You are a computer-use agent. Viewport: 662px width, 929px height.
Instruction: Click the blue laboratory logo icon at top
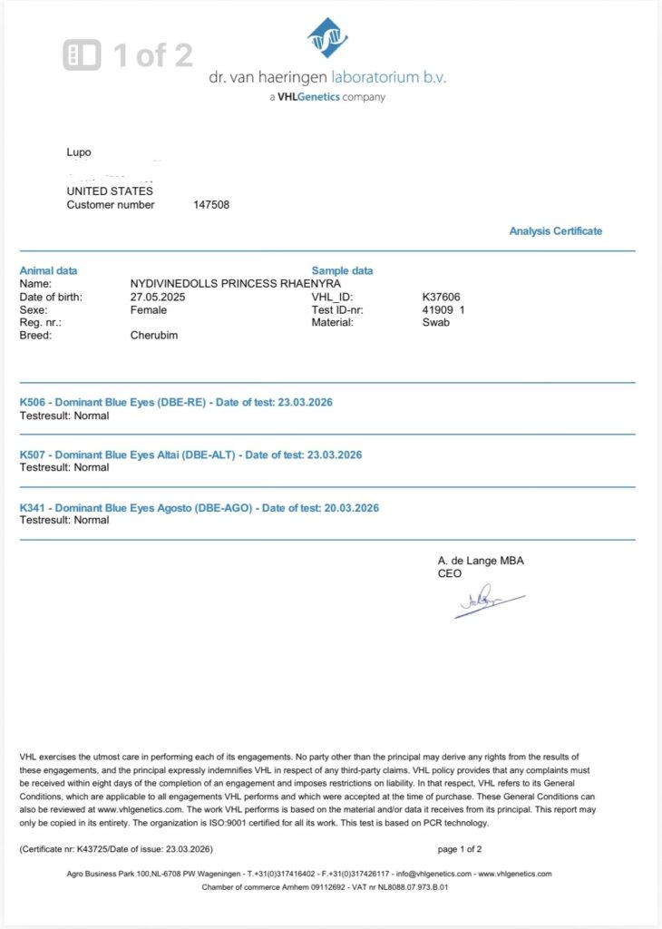[x=328, y=37]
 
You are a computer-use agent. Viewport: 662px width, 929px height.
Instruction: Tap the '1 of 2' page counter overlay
[x=129, y=55]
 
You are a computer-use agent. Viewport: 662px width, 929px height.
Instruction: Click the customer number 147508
[x=211, y=205]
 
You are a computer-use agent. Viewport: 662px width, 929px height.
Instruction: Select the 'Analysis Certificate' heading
[x=555, y=231]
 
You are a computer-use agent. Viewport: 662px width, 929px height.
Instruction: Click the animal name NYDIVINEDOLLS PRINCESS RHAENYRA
[x=236, y=284]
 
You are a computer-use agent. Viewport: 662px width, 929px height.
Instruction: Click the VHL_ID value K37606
[x=443, y=297]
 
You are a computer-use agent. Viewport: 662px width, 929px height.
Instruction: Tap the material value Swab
[x=435, y=322]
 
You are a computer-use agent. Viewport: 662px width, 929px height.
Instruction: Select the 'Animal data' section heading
[x=48, y=270]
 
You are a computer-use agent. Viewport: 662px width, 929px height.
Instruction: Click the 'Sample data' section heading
[x=342, y=270]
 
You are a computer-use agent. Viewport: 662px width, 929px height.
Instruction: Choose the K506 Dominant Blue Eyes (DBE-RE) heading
[x=176, y=402]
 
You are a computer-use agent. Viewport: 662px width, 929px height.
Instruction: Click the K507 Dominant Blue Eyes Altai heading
[x=190, y=455]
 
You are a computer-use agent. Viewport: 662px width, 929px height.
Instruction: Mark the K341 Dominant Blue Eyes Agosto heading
[x=200, y=507]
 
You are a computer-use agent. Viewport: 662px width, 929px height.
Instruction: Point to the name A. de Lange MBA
[x=481, y=561]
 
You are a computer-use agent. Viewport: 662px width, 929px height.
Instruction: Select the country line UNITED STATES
[x=110, y=191]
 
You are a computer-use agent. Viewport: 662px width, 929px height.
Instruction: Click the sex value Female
[x=149, y=309]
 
